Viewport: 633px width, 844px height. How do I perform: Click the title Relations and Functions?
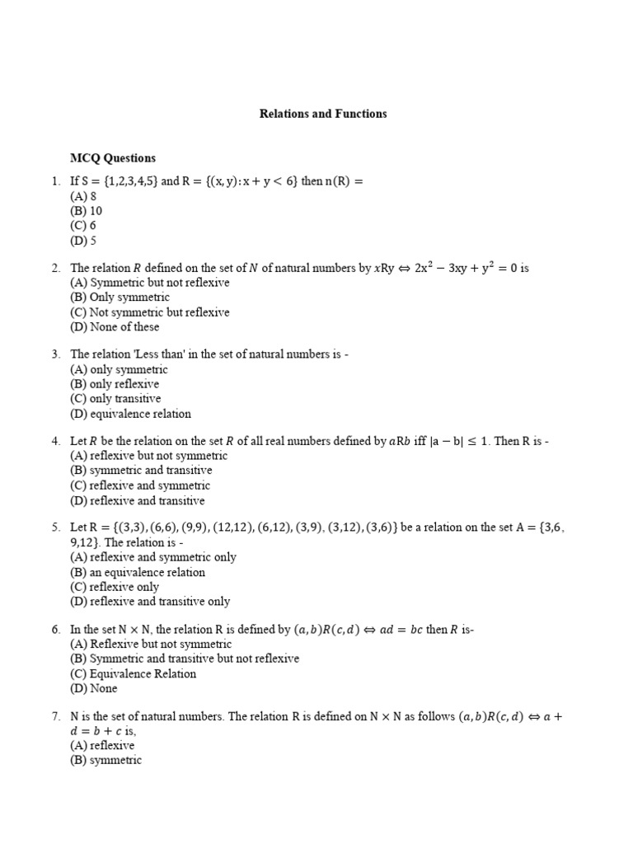(323, 114)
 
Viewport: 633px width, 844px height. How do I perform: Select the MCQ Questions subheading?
(113, 158)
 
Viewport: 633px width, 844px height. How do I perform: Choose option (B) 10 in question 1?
(87, 211)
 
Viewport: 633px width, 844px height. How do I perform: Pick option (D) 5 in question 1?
(83, 241)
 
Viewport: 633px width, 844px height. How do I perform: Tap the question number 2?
(55, 268)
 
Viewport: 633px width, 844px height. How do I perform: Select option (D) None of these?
(115, 327)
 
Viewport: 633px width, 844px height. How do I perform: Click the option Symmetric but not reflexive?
(150, 283)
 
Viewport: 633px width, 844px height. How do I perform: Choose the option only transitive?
(116, 399)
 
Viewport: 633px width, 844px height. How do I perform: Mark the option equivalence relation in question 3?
(131, 414)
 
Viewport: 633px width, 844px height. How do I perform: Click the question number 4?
(55, 441)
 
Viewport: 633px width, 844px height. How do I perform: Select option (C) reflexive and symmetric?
(140, 485)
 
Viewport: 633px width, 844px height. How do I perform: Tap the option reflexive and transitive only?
(150, 602)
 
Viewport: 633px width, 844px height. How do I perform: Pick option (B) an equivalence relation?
(138, 572)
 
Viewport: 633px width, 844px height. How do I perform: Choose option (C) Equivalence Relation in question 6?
(134, 673)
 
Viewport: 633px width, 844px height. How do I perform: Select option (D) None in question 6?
(94, 688)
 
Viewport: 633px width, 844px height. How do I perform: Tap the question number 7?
(55, 716)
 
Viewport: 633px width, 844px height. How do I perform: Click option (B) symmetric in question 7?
(106, 760)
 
